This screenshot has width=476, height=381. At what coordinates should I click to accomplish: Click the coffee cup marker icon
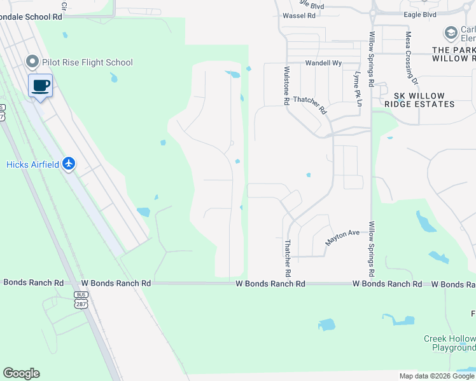pyautogui.click(x=41, y=85)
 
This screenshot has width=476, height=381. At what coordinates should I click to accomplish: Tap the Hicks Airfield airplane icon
pyautogui.click(x=69, y=164)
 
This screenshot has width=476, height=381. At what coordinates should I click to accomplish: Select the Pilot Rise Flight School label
pyautogui.click(x=87, y=62)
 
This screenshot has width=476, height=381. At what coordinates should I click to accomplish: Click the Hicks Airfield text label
pyautogui.click(x=32, y=164)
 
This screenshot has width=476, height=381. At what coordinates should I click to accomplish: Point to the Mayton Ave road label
pyautogui.click(x=343, y=237)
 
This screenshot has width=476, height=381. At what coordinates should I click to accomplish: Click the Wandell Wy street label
pyautogui.click(x=323, y=63)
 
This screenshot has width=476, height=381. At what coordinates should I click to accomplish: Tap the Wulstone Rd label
pyautogui.click(x=287, y=85)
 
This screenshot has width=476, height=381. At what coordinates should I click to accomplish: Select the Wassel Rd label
pyautogui.click(x=299, y=15)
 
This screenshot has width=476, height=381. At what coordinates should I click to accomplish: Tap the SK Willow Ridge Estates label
pyautogui.click(x=419, y=100)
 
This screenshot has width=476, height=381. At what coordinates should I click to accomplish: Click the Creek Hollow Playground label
pyautogui.click(x=450, y=343)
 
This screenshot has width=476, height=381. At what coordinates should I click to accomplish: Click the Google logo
pyautogui.click(x=21, y=373)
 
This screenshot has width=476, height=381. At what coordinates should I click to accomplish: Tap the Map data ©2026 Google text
pyautogui.click(x=436, y=376)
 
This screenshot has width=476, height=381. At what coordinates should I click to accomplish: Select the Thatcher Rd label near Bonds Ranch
pyautogui.click(x=288, y=258)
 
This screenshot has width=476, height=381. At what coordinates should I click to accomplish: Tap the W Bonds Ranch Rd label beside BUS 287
pyautogui.click(x=116, y=283)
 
